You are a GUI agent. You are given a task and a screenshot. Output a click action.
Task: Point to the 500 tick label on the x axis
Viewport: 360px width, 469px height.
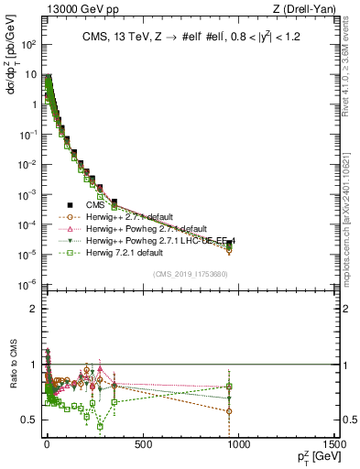tap(142, 444)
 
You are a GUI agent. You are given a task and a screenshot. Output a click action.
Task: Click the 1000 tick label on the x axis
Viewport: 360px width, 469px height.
tap(238, 444)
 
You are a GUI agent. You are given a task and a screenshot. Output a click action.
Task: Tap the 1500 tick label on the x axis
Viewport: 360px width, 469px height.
tap(333, 444)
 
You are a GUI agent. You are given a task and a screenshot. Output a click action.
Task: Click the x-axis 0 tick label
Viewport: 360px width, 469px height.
tap(47, 444)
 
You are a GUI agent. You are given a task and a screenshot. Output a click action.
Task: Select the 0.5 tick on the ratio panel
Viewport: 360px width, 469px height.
tap(27, 420)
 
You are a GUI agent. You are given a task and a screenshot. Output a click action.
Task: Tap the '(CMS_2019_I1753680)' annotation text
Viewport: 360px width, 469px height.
tap(191, 274)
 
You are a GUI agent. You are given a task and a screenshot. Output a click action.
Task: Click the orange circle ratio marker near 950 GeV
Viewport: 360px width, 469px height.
tap(229, 410)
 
